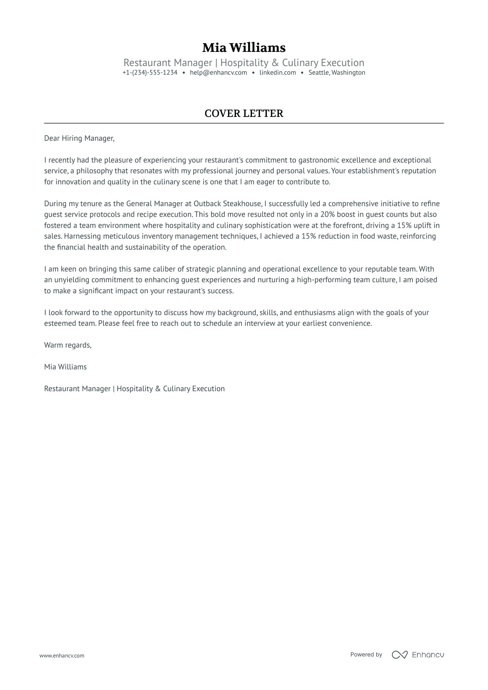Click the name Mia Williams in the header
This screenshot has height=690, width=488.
coord(244,48)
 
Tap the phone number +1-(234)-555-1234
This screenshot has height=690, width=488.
coord(150,73)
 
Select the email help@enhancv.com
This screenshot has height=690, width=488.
coord(218,73)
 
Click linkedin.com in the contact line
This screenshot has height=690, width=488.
coord(278,73)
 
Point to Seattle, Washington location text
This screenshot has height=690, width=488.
coord(337,73)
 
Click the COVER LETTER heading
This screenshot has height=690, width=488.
coord(244,113)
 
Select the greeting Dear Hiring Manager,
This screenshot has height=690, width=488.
coord(79,138)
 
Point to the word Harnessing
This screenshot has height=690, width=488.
coord(81,236)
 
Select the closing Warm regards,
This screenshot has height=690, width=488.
coord(68,345)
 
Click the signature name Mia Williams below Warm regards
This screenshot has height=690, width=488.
coord(65,367)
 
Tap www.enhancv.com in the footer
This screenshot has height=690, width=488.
coord(62,655)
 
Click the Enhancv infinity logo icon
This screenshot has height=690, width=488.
coord(399,655)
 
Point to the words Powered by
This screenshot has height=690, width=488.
coord(366,654)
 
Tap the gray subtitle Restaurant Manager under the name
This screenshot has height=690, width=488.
coord(168,63)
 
